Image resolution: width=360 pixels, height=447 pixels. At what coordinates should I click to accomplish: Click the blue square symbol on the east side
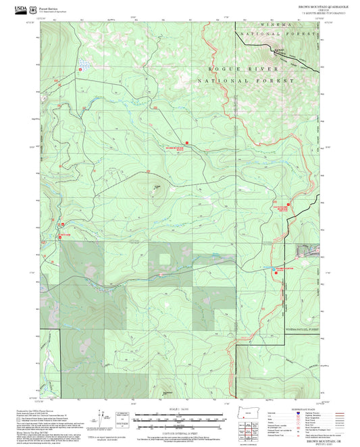[274, 268]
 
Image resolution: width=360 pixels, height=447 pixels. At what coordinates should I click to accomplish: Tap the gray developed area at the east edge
[307, 251]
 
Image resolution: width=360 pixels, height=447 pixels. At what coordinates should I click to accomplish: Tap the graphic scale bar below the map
[180, 420]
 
